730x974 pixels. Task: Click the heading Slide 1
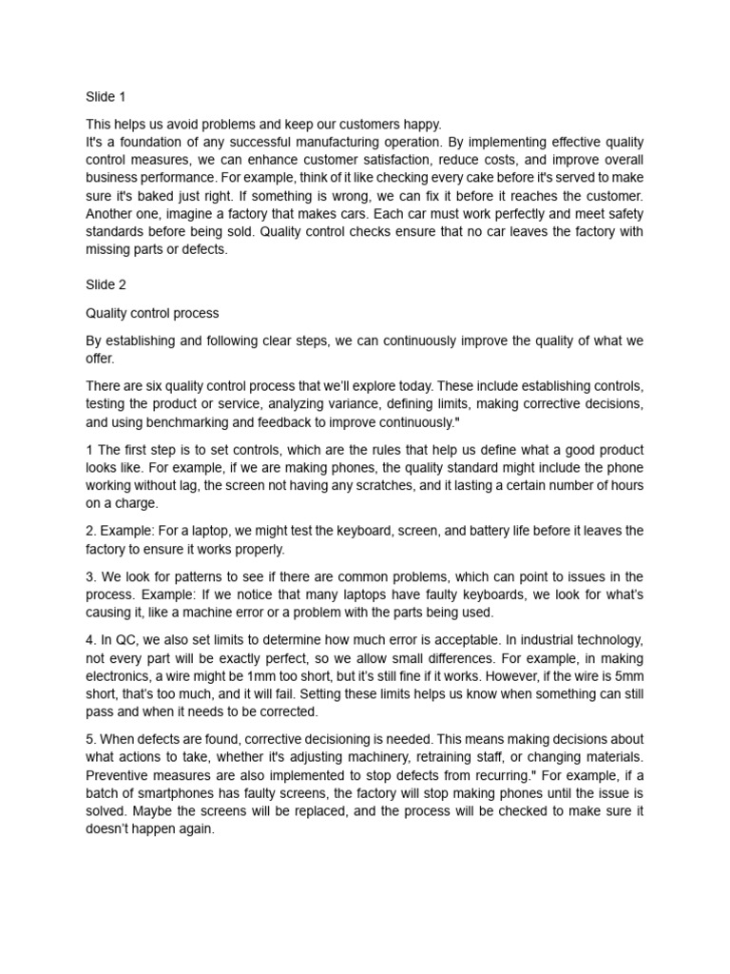(106, 97)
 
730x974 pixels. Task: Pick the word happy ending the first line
(421, 124)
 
